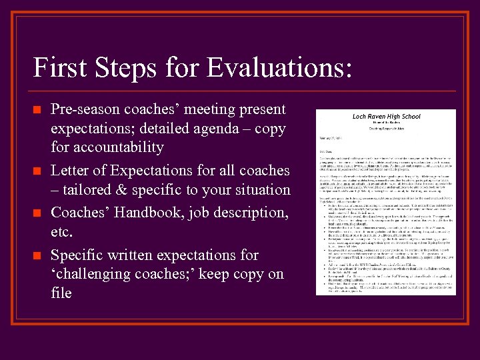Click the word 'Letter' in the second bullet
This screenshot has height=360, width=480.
click(71, 171)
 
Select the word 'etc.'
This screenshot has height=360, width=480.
click(61, 233)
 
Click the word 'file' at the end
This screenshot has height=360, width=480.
click(61, 293)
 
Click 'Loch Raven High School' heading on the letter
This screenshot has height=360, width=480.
click(386, 117)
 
